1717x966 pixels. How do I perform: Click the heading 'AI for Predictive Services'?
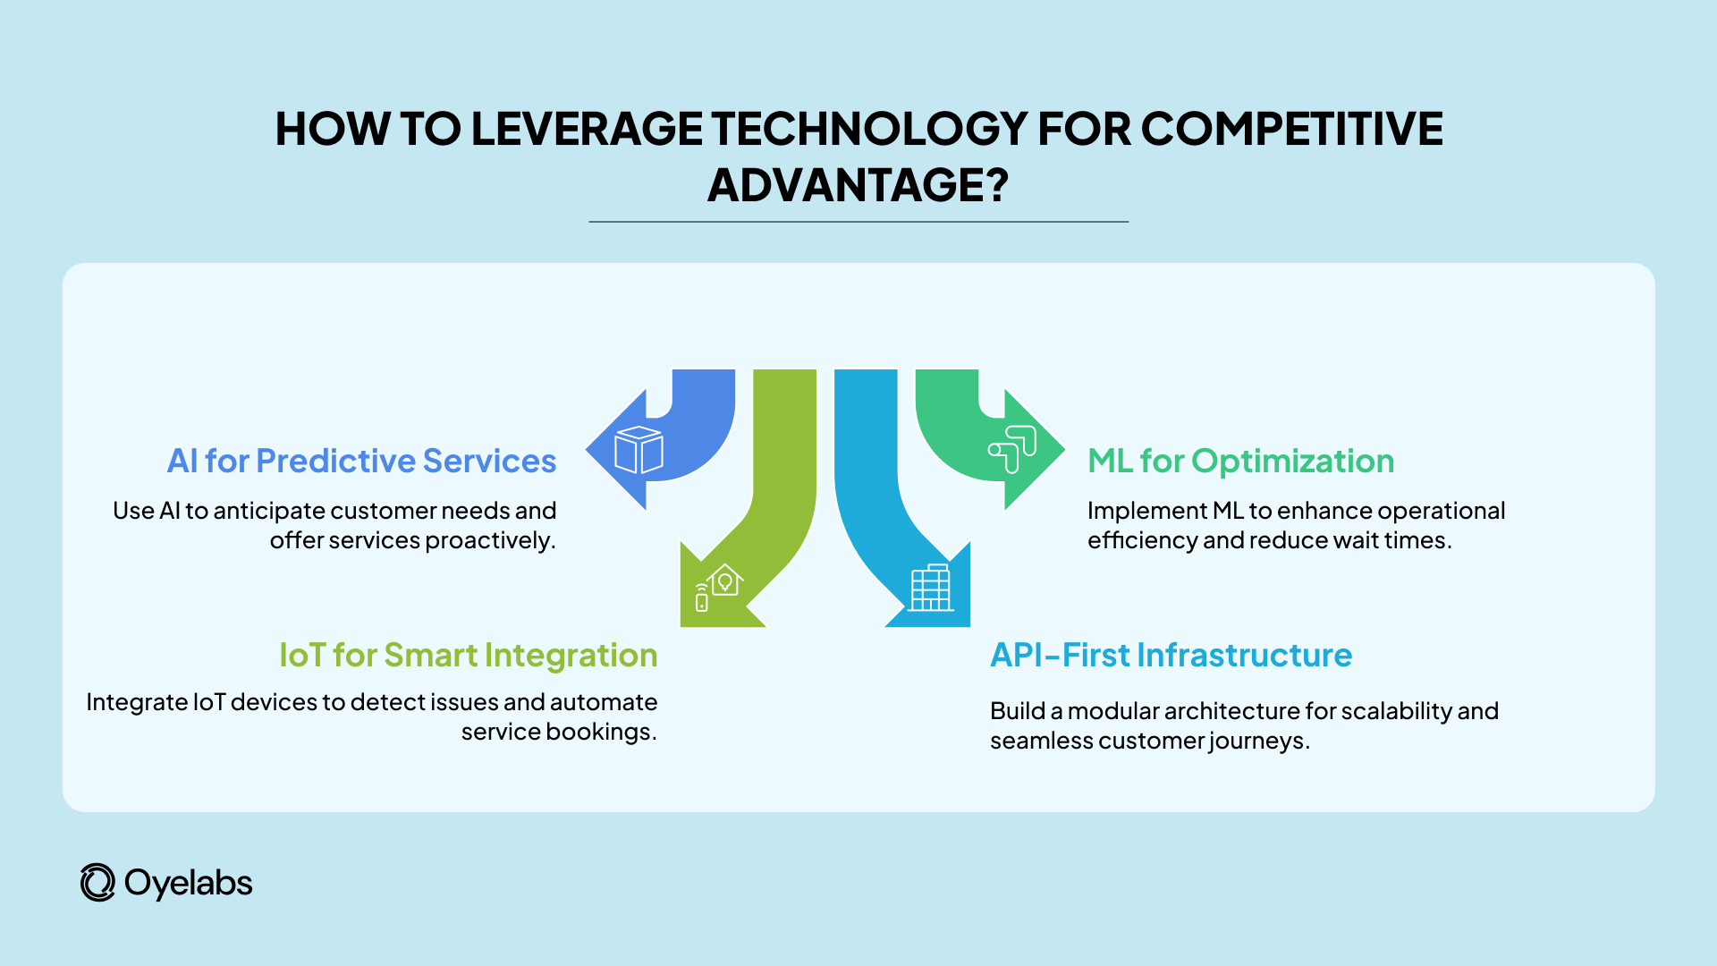[x=361, y=461]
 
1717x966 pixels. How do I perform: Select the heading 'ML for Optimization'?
[x=1240, y=461]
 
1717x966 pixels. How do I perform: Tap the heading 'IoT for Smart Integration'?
[x=468, y=655]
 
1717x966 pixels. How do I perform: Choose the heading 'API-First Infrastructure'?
[x=1171, y=655]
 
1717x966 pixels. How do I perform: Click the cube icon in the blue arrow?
[x=639, y=450]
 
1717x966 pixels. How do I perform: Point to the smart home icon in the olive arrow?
[x=720, y=587]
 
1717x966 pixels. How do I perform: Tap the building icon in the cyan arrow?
[x=930, y=589]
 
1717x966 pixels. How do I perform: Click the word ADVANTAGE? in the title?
[x=858, y=185]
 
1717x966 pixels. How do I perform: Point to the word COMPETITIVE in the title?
[x=1291, y=129]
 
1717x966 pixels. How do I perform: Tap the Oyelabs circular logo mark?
[x=97, y=883]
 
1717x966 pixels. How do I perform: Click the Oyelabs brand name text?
[x=189, y=883]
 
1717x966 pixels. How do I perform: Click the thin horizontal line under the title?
[x=858, y=221]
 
